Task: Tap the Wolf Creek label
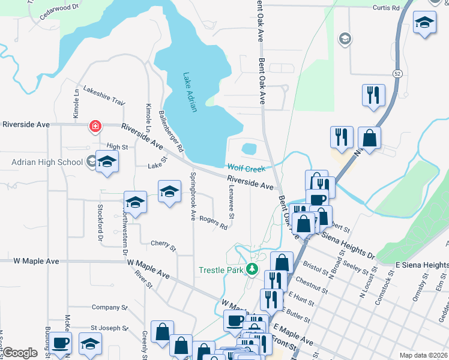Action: click(246, 169)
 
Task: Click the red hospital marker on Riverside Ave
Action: click(95, 126)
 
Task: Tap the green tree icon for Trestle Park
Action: click(253, 269)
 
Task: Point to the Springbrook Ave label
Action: click(193, 194)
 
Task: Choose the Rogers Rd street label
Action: click(214, 223)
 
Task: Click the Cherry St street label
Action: click(163, 246)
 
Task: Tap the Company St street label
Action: click(110, 307)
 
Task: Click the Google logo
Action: click(20, 353)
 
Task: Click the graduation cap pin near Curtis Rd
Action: click(425, 23)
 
